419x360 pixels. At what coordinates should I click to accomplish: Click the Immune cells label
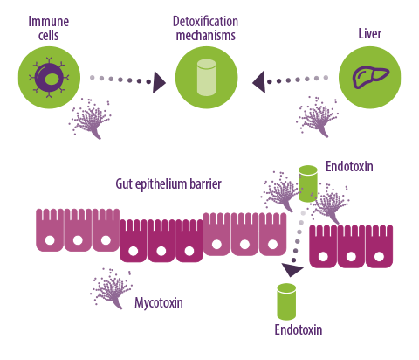49,29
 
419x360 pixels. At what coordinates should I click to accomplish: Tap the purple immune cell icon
50,78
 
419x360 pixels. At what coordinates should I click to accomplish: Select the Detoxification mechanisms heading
206,29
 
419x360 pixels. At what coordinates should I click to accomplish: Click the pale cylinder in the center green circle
206,78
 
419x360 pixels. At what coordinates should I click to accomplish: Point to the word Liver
369,33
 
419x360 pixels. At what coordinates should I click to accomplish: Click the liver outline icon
370,77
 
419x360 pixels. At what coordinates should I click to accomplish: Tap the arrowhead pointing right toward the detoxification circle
159,82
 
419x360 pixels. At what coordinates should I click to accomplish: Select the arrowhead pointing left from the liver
258,82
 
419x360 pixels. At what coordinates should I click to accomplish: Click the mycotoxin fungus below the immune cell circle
90,119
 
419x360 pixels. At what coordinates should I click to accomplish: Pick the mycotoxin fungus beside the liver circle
317,117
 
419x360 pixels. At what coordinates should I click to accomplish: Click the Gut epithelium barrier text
168,184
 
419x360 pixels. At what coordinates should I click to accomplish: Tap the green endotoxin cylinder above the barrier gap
308,183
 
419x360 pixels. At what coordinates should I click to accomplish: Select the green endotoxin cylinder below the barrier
286,301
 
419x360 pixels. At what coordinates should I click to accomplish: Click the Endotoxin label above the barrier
349,166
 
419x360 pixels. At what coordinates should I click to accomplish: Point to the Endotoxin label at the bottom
299,329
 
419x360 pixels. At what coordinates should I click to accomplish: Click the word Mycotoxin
159,302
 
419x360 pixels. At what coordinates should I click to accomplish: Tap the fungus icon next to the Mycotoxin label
112,288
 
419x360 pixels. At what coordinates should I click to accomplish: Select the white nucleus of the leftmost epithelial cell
50,240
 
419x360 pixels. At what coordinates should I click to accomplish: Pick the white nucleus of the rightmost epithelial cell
379,257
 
